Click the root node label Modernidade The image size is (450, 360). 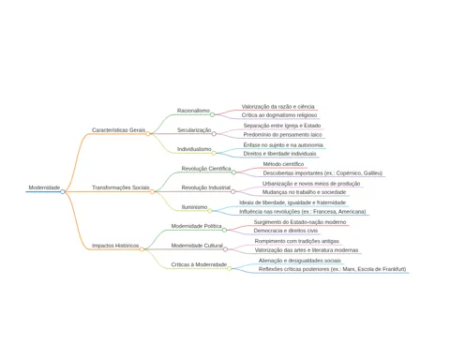(x=44, y=187)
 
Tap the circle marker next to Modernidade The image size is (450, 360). (x=63, y=191)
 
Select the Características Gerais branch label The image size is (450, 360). (x=118, y=130)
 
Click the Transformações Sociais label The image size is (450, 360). (x=121, y=187)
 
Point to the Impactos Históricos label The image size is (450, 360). (x=115, y=246)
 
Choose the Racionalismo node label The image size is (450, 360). (x=193, y=111)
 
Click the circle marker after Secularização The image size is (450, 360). (x=214, y=134)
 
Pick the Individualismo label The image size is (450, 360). (x=194, y=149)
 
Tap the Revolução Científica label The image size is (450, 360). (x=206, y=169)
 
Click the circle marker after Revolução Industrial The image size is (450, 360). (x=232, y=191)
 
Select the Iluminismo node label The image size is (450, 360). (x=194, y=207)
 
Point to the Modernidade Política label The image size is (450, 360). (x=196, y=226)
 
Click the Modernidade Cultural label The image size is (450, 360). (x=197, y=246)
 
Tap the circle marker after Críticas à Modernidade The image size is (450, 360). (x=230, y=268)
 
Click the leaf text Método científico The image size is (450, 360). (x=283, y=164)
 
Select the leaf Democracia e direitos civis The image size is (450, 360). (x=286, y=231)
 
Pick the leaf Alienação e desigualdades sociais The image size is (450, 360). (x=300, y=261)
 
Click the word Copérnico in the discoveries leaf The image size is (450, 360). (x=349, y=173)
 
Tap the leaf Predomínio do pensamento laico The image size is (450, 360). (x=282, y=135)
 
